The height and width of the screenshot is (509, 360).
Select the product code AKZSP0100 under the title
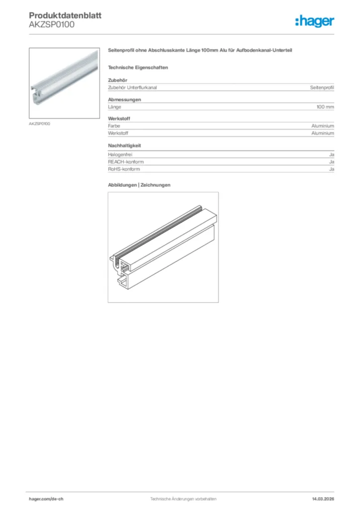pyautogui.click(x=52, y=25)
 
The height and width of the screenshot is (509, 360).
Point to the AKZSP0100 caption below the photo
pyautogui.click(x=39, y=123)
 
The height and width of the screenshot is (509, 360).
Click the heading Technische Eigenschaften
pyautogui.click(x=138, y=67)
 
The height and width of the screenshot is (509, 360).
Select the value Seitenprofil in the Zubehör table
pyautogui.click(x=322, y=87)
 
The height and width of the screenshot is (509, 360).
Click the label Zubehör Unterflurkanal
pyautogui.click(x=132, y=87)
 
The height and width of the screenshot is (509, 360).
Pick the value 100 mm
pyautogui.click(x=325, y=107)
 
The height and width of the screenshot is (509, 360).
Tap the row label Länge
pyautogui.click(x=114, y=107)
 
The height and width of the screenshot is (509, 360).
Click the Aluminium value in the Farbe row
pyautogui.click(x=323, y=126)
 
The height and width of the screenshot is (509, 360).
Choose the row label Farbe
pyautogui.click(x=114, y=126)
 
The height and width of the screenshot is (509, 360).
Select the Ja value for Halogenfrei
pyautogui.click(x=331, y=155)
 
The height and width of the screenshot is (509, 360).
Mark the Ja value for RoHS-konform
pyautogui.click(x=331, y=169)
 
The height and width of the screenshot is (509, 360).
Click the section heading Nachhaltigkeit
pyautogui.click(x=125, y=146)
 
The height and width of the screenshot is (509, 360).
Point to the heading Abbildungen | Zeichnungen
pyautogui.click(x=139, y=185)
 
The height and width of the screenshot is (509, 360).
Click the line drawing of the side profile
pyautogui.click(x=163, y=247)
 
